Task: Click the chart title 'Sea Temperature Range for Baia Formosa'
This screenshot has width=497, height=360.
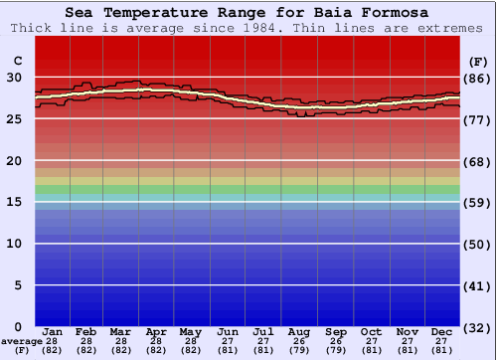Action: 248,12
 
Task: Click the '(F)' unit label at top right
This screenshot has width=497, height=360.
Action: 477,62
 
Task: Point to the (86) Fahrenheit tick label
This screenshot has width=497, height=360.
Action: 477,78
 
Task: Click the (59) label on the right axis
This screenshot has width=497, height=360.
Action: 477,202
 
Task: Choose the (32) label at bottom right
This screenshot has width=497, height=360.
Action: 477,327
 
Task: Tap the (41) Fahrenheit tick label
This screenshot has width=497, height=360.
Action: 477,285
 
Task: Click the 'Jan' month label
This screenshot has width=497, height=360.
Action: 53,331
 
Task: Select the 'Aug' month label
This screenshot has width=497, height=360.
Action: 300,331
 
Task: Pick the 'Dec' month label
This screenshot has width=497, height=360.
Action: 442,331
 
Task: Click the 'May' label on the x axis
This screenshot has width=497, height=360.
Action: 191,331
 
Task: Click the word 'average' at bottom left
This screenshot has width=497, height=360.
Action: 21,341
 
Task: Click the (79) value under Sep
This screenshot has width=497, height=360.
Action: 336,350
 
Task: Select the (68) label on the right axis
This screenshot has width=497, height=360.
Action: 477,161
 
